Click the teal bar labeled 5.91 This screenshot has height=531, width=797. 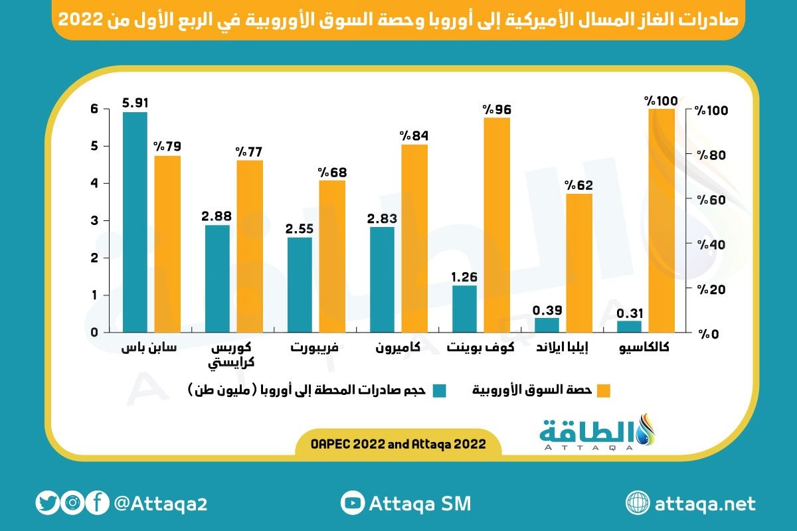tap(135, 222)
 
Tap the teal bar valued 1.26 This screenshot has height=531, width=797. tap(464, 309)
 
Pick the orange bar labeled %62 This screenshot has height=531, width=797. tap(578, 263)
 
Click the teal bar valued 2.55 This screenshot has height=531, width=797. tap(300, 285)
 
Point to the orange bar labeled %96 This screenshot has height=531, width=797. tap(496, 224)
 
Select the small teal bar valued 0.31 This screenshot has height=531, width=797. tap(629, 326)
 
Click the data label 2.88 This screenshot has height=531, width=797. tap(217, 216)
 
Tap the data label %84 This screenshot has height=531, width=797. tap(414, 135)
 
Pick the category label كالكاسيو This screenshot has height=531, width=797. tap(644, 348)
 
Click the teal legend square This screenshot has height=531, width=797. tap(438, 390)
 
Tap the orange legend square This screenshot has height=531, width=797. tap(602, 390)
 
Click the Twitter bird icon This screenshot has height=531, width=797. tap(47, 503)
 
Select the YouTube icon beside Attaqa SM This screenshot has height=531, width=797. tap(351, 503)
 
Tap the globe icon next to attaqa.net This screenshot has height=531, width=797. tap(637, 503)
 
